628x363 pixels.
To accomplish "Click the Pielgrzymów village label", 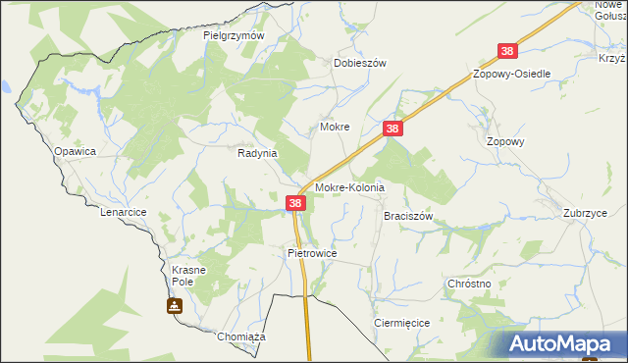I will pyautogui.click(x=235, y=35).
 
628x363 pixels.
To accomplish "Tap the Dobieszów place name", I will pyautogui.click(x=360, y=62).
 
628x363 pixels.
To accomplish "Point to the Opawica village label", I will pyautogui.click(x=75, y=151).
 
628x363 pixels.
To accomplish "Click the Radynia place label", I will pyautogui.click(x=258, y=153).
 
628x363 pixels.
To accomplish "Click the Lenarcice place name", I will pyautogui.click(x=123, y=212).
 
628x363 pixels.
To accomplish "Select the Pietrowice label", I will pyautogui.click(x=312, y=253).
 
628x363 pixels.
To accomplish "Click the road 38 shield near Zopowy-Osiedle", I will pyautogui.click(x=507, y=51).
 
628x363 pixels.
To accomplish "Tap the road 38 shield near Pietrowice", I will pyautogui.click(x=296, y=203).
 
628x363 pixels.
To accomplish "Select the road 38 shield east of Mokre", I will pyautogui.click(x=392, y=129).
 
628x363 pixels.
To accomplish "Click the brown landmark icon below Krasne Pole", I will pyautogui.click(x=175, y=306).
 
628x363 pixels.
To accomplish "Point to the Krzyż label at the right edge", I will pyautogui.click(x=612, y=58).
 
